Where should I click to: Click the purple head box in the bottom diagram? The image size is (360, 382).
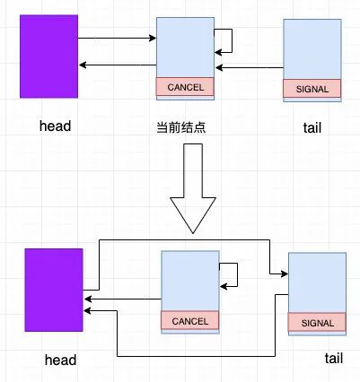(x=54, y=292)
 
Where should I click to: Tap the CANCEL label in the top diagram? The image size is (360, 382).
(x=186, y=87)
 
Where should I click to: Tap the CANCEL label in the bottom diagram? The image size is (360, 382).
(x=189, y=320)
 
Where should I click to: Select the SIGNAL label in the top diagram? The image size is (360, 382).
(x=312, y=88)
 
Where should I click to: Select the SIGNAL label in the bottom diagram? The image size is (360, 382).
(x=317, y=323)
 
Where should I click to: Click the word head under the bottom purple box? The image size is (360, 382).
(x=60, y=360)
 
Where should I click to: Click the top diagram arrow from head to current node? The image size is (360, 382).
(x=117, y=38)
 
